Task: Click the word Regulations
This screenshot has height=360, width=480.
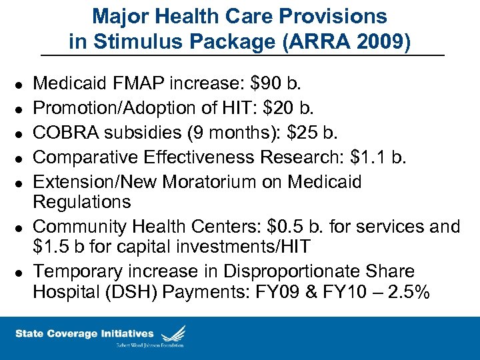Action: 82,201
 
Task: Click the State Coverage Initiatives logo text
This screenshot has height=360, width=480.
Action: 85,333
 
